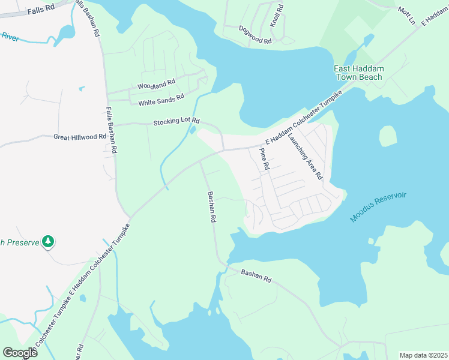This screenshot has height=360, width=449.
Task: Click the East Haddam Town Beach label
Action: point(359,73)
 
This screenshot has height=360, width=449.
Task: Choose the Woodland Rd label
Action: point(156,85)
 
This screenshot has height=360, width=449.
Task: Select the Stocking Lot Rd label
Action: point(176,121)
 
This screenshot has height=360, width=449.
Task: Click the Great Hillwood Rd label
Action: point(79,137)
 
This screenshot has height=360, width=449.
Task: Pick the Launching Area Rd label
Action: point(305,156)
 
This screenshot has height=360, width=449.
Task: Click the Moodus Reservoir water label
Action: point(378,208)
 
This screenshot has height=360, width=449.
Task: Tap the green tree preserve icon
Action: point(48,242)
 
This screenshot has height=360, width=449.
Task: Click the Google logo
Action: point(20,353)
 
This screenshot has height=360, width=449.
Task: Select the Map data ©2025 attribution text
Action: point(423,355)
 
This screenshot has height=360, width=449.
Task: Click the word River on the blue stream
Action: point(10,37)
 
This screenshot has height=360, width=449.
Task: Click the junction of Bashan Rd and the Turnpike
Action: point(200,161)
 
